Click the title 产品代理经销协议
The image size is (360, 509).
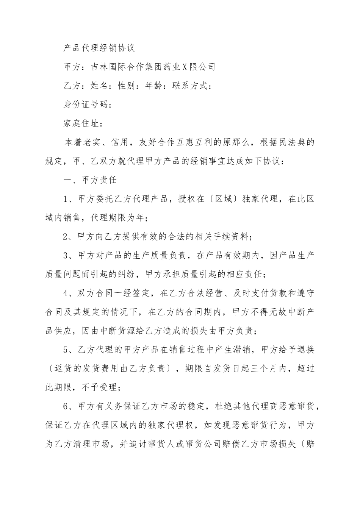[x=99, y=48]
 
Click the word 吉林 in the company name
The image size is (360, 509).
[x=100, y=67]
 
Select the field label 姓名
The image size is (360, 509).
[x=99, y=86]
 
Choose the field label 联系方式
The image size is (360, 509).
[x=190, y=86]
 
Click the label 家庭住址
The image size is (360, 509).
[x=81, y=123]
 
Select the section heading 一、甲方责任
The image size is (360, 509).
[x=90, y=180]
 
